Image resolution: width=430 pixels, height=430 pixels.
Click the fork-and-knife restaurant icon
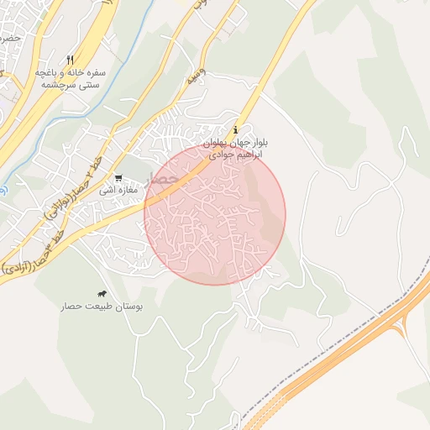click(70, 60)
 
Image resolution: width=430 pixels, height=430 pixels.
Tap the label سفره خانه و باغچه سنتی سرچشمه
click(70, 79)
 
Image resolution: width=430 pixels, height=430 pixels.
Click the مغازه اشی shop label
click(118, 191)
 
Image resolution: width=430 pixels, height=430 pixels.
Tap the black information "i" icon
click(235, 129)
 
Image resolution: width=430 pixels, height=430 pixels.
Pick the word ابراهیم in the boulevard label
click(275, 155)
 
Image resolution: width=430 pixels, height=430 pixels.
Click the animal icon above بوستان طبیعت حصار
click(102, 294)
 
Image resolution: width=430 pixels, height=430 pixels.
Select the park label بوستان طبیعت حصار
click(102, 307)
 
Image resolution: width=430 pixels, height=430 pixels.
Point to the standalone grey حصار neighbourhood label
click(162, 179)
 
